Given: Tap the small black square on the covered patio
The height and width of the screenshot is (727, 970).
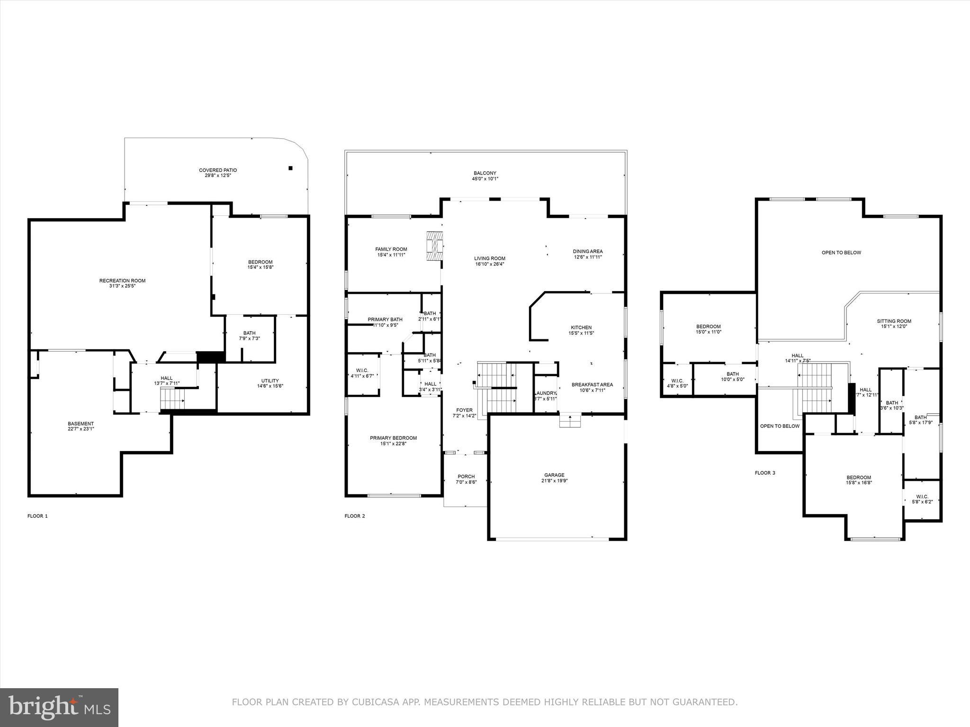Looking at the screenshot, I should click(291, 168).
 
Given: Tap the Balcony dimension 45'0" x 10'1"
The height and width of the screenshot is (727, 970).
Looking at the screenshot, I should click(485, 179).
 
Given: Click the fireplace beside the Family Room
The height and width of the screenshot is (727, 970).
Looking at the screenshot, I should click(435, 246).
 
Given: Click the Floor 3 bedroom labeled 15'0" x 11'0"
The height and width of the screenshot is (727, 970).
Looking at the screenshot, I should click(708, 329).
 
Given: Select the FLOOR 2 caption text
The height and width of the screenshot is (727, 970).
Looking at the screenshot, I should click(355, 516).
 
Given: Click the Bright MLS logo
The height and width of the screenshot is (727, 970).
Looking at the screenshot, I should click(59, 707).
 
